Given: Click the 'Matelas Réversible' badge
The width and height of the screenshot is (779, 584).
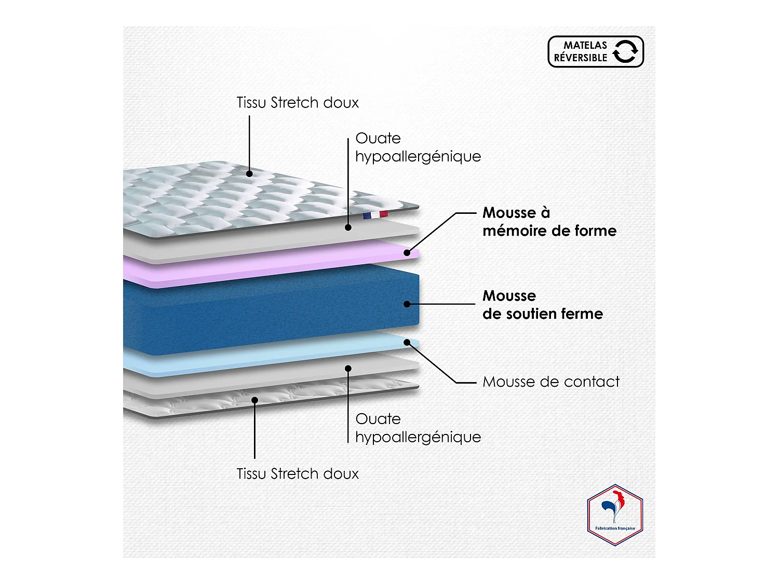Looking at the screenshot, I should coord(595,51).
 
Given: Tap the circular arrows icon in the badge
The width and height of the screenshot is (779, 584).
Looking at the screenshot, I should coord(625,51).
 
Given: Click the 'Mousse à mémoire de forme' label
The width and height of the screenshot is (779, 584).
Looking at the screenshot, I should coord(549,222).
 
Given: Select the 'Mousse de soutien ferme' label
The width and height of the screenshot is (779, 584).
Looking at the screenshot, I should coord(542,305).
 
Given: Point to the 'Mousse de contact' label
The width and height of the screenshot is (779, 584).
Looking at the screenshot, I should coord(550,382).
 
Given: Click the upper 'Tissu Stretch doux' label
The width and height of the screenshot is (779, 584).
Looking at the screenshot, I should coord(298,103).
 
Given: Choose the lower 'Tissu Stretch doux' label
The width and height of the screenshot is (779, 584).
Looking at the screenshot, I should coord(298,473).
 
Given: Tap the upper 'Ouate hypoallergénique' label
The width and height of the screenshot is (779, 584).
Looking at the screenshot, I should coord(418,147).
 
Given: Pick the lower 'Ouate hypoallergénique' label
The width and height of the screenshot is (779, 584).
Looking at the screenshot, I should coord(418,428).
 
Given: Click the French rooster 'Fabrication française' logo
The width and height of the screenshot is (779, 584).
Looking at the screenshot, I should coord(615,515).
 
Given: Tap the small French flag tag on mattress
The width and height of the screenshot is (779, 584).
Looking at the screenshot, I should coord(375,215).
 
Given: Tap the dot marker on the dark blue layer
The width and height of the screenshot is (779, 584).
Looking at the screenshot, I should coord(407,304).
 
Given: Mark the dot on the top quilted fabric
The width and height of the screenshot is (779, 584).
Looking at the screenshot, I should coord(249,173).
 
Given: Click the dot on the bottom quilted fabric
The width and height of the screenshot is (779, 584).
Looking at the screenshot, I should coord(254,400).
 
